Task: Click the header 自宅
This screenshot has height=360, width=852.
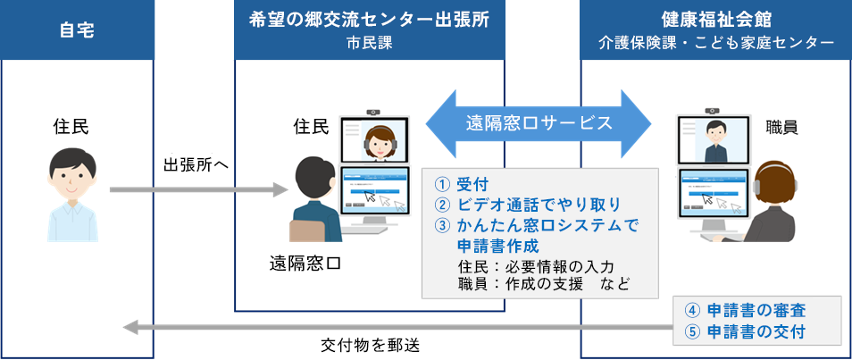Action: tap(77, 29)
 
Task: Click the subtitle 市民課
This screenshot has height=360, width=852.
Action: tap(369, 42)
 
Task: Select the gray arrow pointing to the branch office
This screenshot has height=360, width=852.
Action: tap(196, 189)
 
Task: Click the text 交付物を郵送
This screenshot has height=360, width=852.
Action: tap(369, 343)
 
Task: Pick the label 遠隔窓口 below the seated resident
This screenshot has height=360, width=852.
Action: tap(305, 264)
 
